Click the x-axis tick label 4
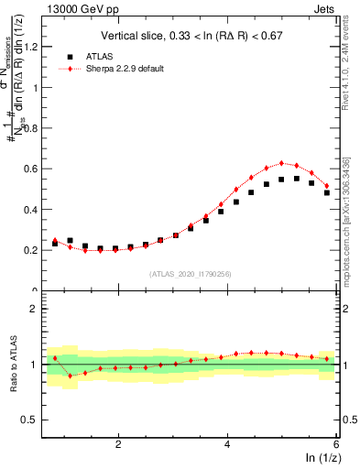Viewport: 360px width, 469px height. point(227,443)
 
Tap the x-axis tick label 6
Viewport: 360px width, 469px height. point(336,443)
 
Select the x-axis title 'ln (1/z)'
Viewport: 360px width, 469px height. point(322,458)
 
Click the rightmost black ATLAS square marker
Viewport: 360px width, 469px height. point(327,192)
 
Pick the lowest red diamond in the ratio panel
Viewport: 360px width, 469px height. point(70,376)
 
